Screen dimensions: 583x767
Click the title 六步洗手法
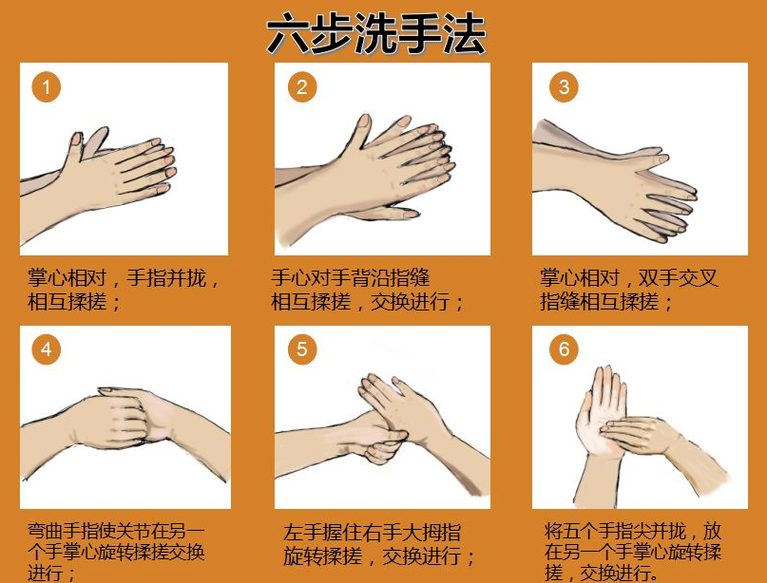[375, 34]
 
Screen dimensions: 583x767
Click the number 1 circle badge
[47, 87]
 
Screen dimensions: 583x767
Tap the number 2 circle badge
[302, 87]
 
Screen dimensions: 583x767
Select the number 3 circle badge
[564, 87]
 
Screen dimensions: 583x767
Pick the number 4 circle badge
[47, 349]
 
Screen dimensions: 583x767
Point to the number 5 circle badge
[302, 349]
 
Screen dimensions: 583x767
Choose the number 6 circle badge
[564, 349]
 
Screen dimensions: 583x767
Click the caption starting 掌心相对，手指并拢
[124, 291]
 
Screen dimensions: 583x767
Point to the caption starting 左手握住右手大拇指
[380, 544]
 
